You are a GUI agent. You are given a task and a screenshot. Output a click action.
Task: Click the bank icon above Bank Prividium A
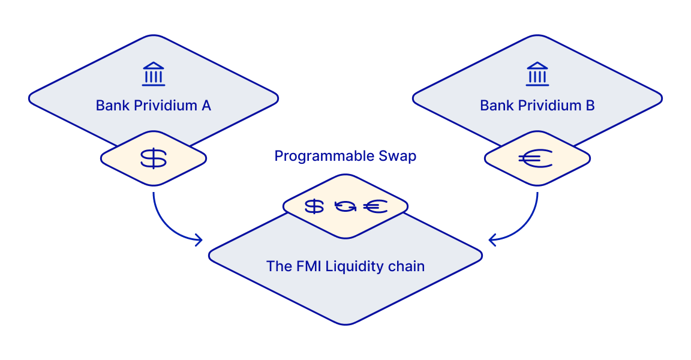pos(154,74)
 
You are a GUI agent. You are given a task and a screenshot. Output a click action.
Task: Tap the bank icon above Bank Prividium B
pos(537,74)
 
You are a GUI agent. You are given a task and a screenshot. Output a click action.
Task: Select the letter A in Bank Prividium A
pos(206,106)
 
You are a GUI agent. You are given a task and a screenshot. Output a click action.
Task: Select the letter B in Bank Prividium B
pos(590,106)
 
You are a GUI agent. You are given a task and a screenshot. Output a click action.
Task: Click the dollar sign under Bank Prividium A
pos(154,158)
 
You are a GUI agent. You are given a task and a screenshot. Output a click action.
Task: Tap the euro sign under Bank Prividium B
pos(536,158)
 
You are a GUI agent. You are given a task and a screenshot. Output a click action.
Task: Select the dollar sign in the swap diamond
pos(314,206)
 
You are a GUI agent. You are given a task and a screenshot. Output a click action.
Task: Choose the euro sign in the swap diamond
pos(375,206)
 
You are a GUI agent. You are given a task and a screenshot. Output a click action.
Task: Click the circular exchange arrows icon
pos(345,206)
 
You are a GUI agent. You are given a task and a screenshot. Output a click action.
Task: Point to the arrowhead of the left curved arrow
pos(199,241)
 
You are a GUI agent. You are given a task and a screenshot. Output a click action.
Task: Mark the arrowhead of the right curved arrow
pos(491,241)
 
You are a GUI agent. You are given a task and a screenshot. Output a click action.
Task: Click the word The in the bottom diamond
pos(279,266)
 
